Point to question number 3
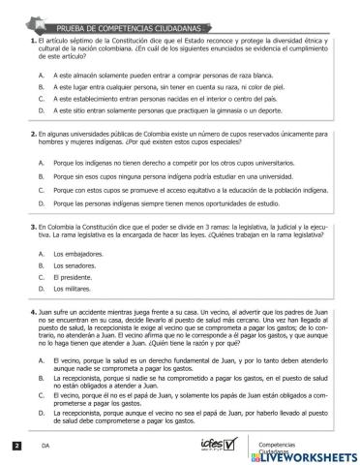coord(34,224)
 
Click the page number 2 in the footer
coord(16,445)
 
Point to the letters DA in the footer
coord(45,446)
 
